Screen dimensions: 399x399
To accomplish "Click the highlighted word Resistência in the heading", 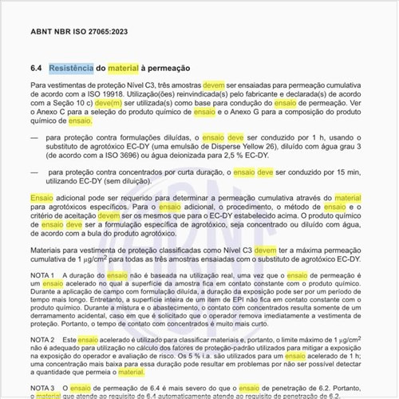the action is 71,69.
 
